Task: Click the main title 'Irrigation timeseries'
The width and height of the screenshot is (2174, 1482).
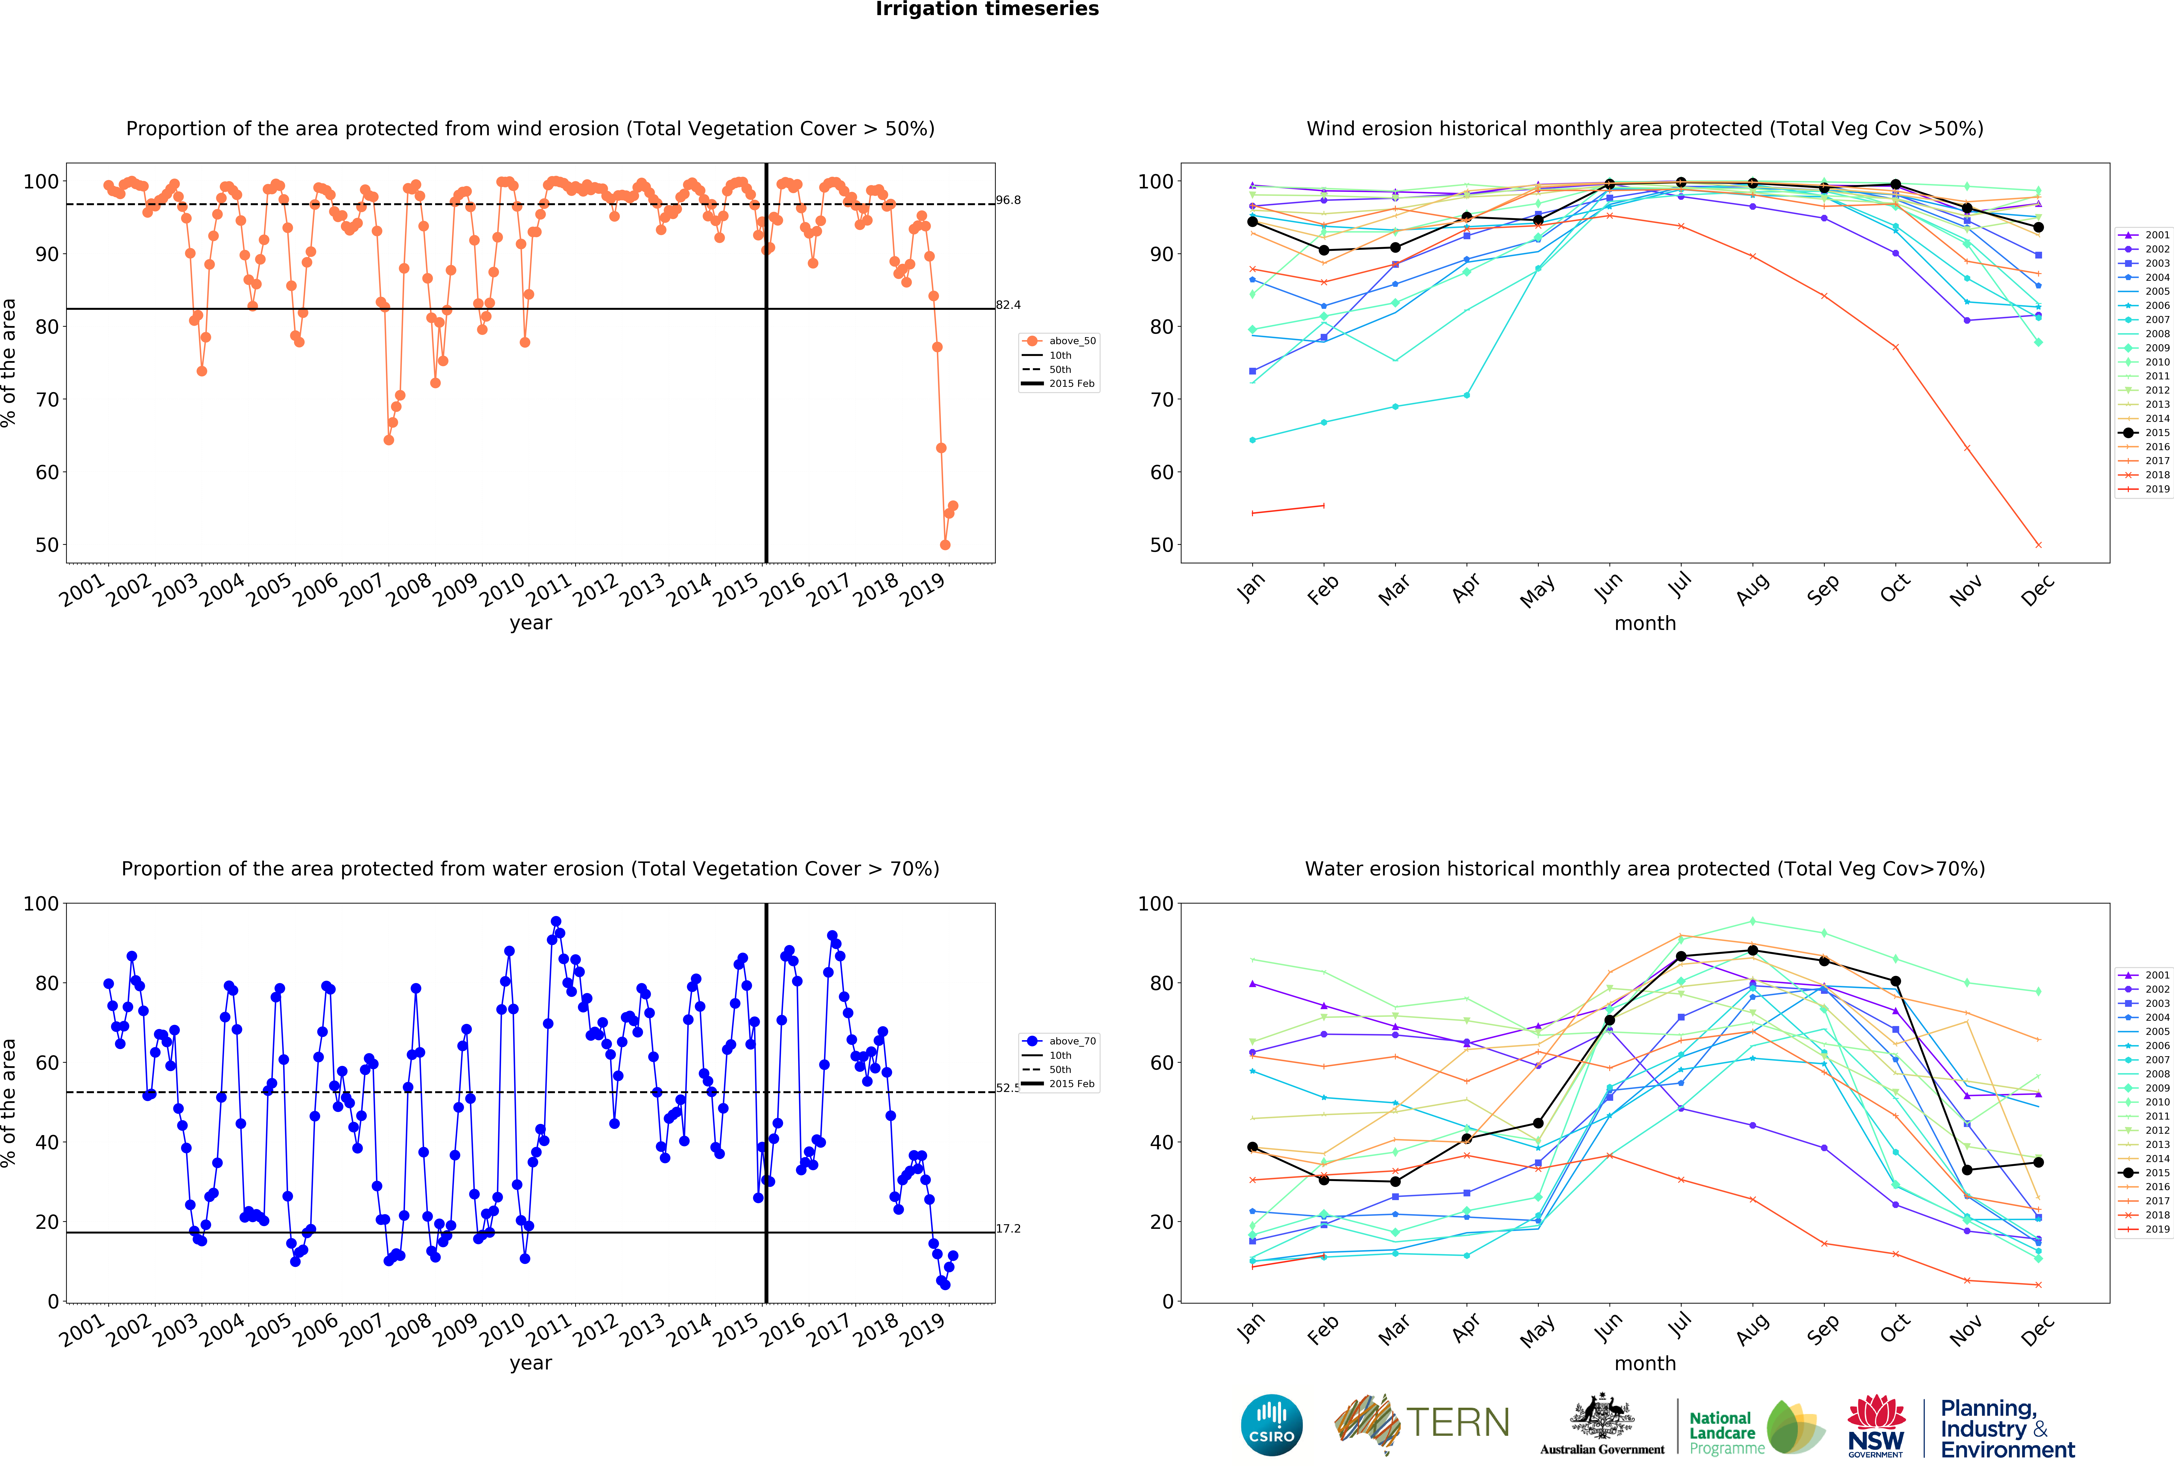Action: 987,9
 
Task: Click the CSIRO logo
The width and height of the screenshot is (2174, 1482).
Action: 1271,1425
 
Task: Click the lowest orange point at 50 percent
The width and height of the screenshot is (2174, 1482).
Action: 945,545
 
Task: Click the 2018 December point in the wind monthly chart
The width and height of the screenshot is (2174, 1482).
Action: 2038,545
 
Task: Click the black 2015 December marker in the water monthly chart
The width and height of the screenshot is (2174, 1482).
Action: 2038,1162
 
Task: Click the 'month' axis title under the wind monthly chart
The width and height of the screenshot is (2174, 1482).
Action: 1644,623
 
